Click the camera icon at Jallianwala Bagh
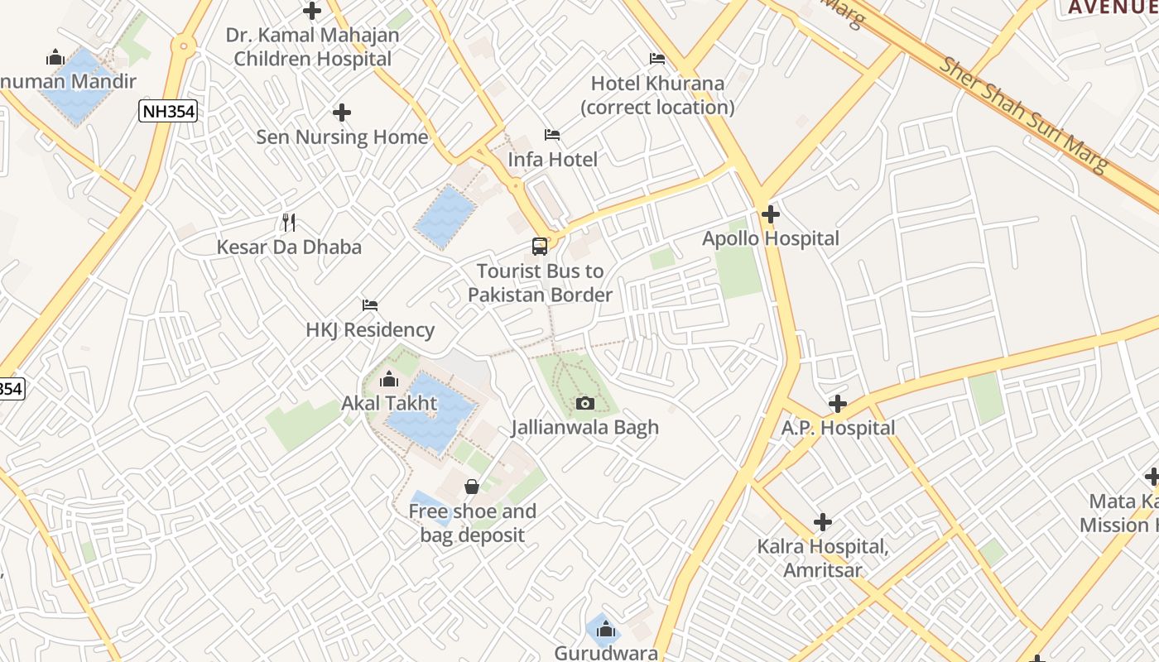coord(585,403)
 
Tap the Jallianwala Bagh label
coord(585,427)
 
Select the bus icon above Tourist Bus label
coord(540,246)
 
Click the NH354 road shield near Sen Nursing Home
coord(168,111)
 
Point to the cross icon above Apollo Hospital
coord(771,214)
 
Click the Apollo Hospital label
coord(771,238)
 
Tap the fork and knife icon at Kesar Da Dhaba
coord(289,222)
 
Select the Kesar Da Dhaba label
coord(289,247)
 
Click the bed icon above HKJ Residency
coord(370,305)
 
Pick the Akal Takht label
coord(389,404)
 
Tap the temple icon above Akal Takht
coord(388,380)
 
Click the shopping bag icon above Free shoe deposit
coord(472,487)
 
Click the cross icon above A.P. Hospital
coord(838,404)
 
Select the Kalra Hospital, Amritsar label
coord(823,559)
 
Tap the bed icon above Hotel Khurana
coord(657,59)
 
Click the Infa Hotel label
coord(552,159)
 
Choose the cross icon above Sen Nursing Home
coord(342,113)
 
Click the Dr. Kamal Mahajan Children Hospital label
coord(312,47)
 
